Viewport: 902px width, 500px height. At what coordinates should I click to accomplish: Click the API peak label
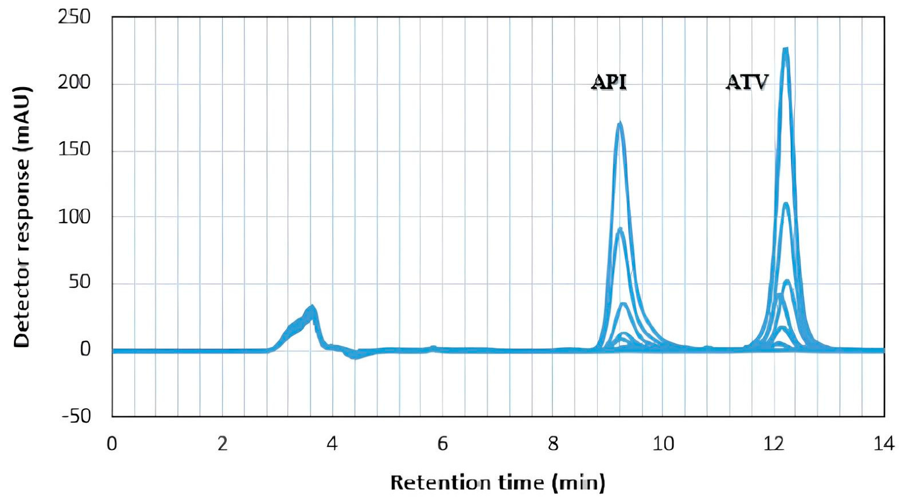pyautogui.click(x=609, y=83)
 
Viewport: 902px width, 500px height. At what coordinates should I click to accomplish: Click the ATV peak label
pyautogui.click(x=747, y=83)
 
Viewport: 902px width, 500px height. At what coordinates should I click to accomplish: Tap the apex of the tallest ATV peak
pyautogui.click(x=786, y=49)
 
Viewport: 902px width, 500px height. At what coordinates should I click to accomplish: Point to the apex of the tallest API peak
pyautogui.click(x=620, y=123)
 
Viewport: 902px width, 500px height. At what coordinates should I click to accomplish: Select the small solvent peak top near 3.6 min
pyautogui.click(x=312, y=307)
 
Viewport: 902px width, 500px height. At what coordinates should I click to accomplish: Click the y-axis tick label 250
pyautogui.click(x=74, y=17)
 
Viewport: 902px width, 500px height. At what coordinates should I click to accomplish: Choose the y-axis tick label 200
pyautogui.click(x=74, y=83)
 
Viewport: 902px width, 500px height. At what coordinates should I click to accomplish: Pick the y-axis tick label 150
pyautogui.click(x=74, y=150)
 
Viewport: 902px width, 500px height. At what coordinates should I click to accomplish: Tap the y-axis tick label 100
pyautogui.click(x=74, y=217)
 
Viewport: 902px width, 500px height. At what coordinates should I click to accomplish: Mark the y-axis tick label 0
pyautogui.click(x=85, y=349)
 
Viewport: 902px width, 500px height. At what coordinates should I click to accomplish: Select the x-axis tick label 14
pyautogui.click(x=884, y=445)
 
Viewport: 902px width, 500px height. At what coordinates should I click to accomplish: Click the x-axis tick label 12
pyautogui.click(x=773, y=445)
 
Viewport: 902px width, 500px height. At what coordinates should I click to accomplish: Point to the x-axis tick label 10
pyautogui.click(x=663, y=445)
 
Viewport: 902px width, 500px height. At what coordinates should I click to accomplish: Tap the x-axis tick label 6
pyautogui.click(x=443, y=445)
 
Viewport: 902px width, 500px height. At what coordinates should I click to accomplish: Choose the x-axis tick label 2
pyautogui.click(x=222, y=445)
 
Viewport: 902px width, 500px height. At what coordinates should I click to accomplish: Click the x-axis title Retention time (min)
pyautogui.click(x=498, y=483)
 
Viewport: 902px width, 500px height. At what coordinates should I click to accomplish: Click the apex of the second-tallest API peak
pyautogui.click(x=620, y=229)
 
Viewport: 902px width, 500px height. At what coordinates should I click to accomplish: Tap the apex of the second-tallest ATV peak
pyautogui.click(x=786, y=203)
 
